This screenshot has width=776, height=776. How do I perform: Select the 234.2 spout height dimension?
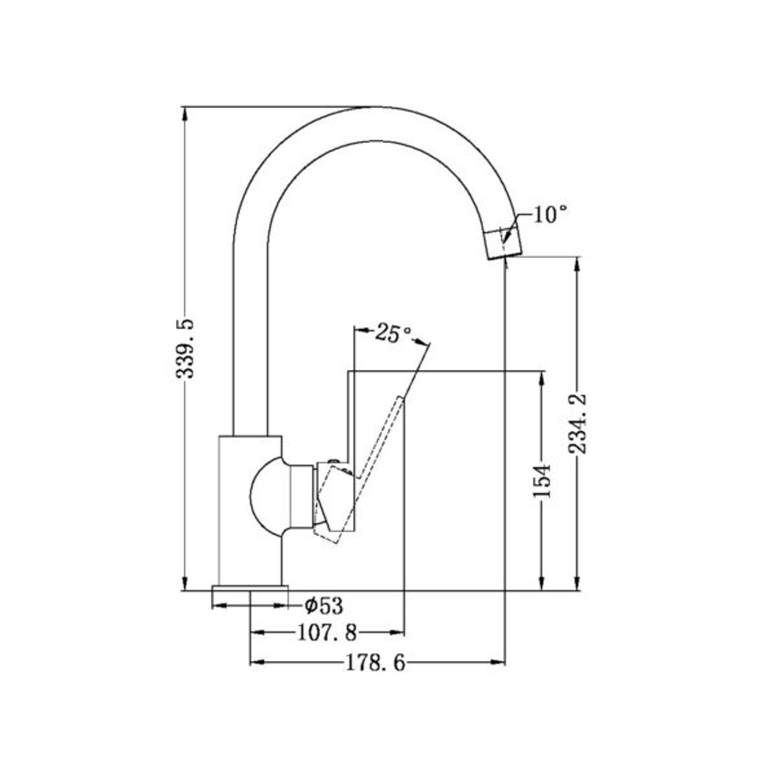[578, 423]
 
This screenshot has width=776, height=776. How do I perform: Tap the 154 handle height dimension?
[543, 480]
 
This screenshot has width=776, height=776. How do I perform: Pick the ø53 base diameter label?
[323, 606]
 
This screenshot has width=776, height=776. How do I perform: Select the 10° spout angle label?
[550, 214]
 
